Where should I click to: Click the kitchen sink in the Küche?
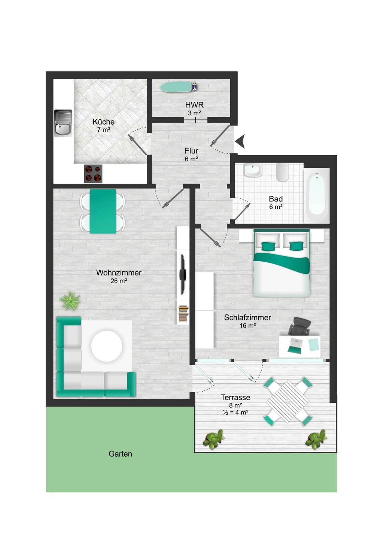pos(63,123)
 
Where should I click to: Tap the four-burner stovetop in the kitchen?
pos(93,174)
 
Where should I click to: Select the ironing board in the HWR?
pos(179,86)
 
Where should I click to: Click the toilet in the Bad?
pos(282,172)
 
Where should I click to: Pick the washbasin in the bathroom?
pos(253,170)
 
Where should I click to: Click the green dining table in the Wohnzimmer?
pos(103,211)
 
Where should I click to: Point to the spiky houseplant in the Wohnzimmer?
pos(70,301)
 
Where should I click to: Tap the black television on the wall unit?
pos(183,274)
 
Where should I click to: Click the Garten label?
pos(120,454)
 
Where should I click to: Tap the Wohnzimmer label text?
pos(119,272)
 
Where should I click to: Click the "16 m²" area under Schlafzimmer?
pos(247,326)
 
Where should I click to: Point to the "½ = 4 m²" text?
pos(235,412)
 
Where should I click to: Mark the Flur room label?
pos(192,151)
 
